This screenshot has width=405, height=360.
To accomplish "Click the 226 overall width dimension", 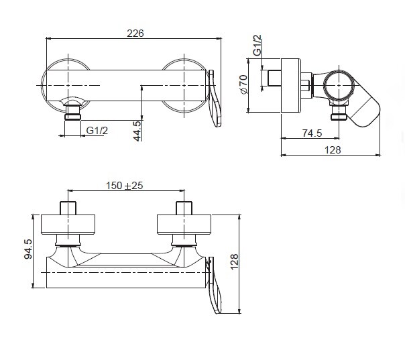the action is [135, 34].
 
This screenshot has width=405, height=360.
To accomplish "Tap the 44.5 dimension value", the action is [137, 131].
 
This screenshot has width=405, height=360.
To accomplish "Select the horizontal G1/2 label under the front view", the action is [97, 131].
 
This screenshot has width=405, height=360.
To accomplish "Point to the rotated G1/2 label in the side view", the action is [257, 45].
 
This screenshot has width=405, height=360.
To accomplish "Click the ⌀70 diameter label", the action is [243, 84].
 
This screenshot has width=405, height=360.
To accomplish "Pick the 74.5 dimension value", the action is [312, 133].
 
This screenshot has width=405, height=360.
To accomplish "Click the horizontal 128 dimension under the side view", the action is [333, 149].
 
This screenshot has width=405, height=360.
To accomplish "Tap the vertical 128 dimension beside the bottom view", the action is [234, 261].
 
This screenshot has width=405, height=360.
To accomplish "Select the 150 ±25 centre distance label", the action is [125, 186].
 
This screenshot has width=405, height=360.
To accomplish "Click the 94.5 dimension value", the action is [28, 249].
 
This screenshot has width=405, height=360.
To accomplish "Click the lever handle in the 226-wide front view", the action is [215, 99].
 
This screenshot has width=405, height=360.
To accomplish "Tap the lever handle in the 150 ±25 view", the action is [215, 285].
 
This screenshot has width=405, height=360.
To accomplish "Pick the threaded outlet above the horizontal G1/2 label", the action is [72, 113].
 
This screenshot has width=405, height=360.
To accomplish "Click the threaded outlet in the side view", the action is [339, 113].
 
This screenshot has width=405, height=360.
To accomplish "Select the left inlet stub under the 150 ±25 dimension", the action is [68, 208].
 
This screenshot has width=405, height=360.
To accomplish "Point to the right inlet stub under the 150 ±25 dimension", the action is [184, 208].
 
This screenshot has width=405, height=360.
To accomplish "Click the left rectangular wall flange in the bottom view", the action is [68, 225].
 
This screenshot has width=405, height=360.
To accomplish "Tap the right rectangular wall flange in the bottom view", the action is [184, 225].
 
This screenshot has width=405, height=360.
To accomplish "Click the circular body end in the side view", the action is [339, 85].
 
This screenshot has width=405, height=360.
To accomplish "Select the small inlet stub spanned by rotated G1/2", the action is [274, 78].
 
